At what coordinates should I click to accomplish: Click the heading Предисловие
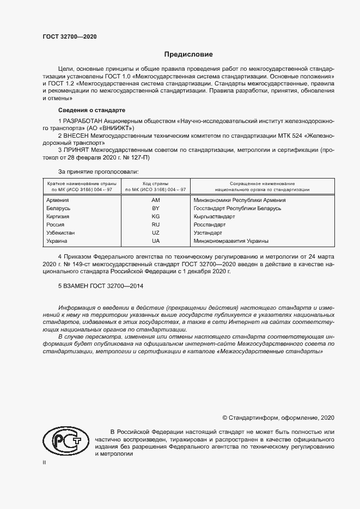189,55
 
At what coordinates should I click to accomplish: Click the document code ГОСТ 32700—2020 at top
69,37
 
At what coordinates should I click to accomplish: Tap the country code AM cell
156,200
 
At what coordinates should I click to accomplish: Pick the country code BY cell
156,208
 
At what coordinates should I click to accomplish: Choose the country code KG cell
156,216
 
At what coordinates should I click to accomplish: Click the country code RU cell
156,224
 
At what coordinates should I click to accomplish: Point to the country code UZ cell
156,232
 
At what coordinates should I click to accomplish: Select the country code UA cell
156,241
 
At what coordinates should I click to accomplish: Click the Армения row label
59,200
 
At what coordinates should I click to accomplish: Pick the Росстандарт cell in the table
210,224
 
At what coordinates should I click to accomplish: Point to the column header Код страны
156,183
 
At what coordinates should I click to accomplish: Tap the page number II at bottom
44,462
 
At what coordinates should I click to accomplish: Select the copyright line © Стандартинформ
278,418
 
